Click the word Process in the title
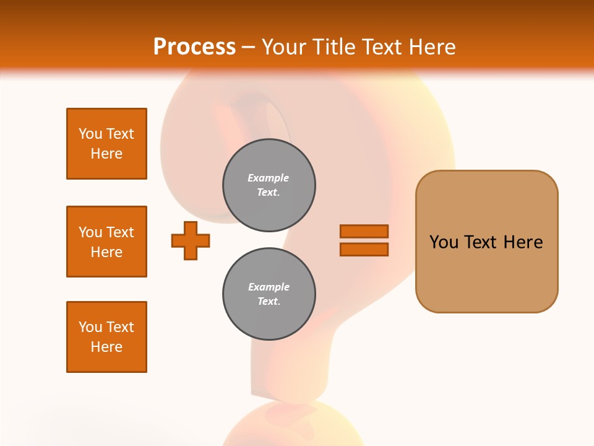(x=194, y=47)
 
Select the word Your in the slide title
(x=282, y=47)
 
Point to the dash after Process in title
(x=248, y=48)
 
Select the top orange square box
(x=106, y=144)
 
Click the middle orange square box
(x=106, y=242)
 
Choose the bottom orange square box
(x=106, y=337)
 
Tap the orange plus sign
(x=191, y=240)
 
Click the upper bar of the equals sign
(x=364, y=231)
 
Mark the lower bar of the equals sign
(x=364, y=250)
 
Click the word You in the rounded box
(x=444, y=242)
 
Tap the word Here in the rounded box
(x=523, y=242)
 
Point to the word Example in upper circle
(x=268, y=178)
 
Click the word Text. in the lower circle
(x=269, y=302)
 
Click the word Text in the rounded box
(x=481, y=242)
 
